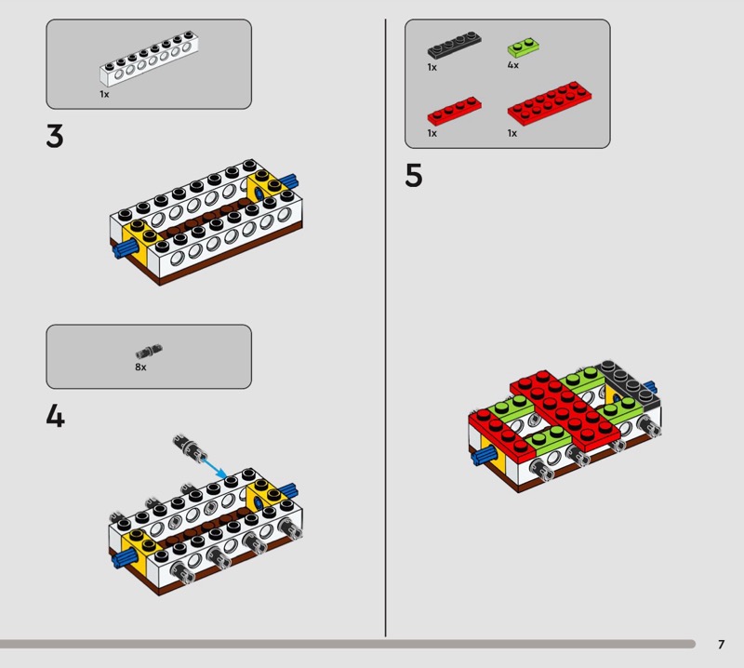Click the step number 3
55,136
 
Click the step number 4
55,417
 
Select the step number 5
413,176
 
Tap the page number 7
722,644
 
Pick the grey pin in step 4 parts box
149,352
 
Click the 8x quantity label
140,367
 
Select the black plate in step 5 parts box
455,45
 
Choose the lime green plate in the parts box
524,47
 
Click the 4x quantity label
513,65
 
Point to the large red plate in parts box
550,103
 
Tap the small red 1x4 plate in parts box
455,111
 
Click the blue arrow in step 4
215,468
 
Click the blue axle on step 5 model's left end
484,457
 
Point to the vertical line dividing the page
385,327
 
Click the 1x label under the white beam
104,94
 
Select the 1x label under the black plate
432,67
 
